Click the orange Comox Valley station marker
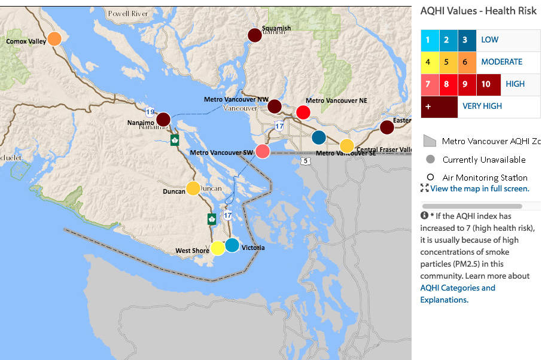tap(54, 39)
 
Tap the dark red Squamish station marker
tap(255, 35)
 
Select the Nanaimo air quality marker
tap(163, 119)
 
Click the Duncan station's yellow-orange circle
tap(193, 188)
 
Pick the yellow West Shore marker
tap(218, 248)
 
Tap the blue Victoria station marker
tap(232, 245)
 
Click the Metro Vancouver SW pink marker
tap(262, 151)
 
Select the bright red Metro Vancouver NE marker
tap(303, 112)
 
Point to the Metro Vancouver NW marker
tap(275, 106)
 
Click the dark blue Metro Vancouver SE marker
tap(319, 138)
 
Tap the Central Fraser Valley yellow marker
tap(347, 146)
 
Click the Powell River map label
tap(127, 14)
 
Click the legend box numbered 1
tap(428, 40)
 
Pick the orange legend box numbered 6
tap(465, 62)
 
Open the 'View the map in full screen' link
tap(479, 188)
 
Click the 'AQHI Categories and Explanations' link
tap(457, 294)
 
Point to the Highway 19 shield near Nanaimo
tap(150, 111)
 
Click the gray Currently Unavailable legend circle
tap(430, 160)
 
